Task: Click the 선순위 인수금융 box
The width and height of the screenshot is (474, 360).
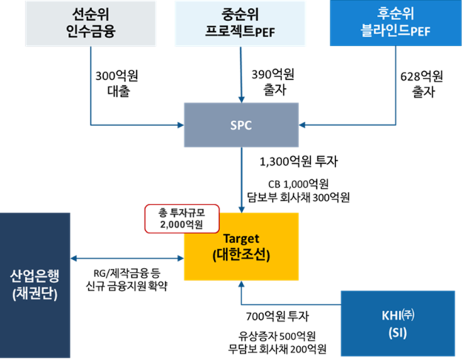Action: [x=90, y=24]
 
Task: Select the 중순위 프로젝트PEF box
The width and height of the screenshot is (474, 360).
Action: [x=241, y=24]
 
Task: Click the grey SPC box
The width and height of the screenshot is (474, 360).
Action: [x=241, y=124]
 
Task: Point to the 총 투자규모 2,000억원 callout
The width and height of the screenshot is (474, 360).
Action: [x=174, y=217]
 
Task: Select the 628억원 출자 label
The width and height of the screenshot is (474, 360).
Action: [x=421, y=83]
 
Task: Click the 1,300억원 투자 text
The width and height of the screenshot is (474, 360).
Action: [x=304, y=161]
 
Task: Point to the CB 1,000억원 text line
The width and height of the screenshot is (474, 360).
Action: [x=304, y=183]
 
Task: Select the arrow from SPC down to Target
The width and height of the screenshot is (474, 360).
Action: [x=241, y=178]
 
